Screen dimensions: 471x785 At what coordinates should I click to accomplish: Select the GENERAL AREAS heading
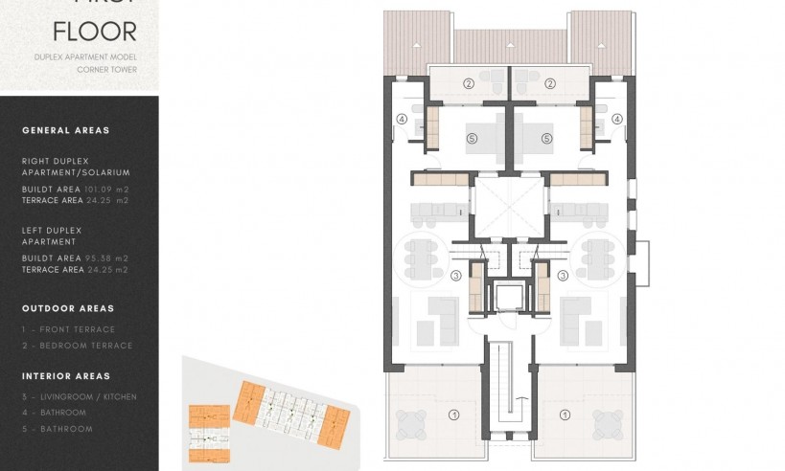[65, 130]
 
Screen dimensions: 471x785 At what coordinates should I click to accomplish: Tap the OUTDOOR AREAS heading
[68, 308]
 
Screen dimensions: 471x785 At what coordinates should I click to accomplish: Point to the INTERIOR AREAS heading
[66, 376]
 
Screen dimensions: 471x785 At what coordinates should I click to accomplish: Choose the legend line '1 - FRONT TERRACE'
[68, 329]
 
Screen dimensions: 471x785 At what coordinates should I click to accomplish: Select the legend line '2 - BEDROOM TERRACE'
[77, 345]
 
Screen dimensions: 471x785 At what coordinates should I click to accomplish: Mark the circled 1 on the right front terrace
[566, 415]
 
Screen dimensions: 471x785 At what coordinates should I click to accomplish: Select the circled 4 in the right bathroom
[617, 120]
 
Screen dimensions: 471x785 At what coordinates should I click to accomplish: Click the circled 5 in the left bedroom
[471, 139]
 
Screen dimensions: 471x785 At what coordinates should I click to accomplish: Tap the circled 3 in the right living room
[563, 276]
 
